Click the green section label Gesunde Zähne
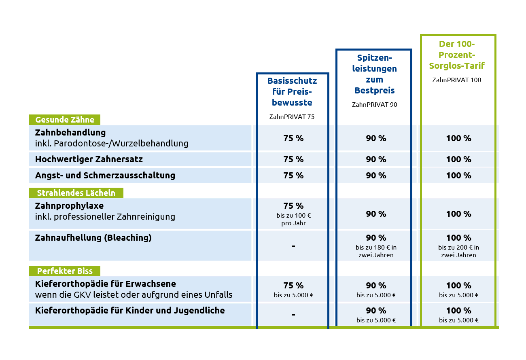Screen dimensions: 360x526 pos(65,120)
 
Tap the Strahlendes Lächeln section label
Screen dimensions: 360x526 pos(76,193)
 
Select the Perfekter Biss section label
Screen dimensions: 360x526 pos(65,271)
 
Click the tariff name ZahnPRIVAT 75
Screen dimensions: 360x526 pos(292,116)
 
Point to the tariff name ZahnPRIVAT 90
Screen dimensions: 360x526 pos(374,104)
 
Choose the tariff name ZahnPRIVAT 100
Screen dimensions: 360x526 pos(457,80)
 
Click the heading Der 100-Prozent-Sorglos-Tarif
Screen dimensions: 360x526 pos(457,55)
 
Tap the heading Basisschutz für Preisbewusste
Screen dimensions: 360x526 pos(292,91)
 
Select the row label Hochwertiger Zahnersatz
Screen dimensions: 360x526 pos(89,159)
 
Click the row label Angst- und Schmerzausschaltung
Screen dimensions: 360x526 pos(105,176)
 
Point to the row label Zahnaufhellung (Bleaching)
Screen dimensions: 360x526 pos(93,238)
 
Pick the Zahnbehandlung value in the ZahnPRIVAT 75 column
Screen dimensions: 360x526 pos(293,138)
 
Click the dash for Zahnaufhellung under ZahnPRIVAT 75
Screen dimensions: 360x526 pos(293,246)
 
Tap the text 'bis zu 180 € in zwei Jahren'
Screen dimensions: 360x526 pos(376,251)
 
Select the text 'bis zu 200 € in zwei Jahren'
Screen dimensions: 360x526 pos(458,251)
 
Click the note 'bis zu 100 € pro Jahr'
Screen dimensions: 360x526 pos(293,219)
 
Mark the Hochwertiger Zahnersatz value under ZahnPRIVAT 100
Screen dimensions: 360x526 pos(458,159)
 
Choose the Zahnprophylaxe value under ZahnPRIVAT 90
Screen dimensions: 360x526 pos(376,214)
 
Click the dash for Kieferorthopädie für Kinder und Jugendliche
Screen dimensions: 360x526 pos(293,315)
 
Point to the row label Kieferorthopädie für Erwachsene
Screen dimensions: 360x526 pos(106,284)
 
